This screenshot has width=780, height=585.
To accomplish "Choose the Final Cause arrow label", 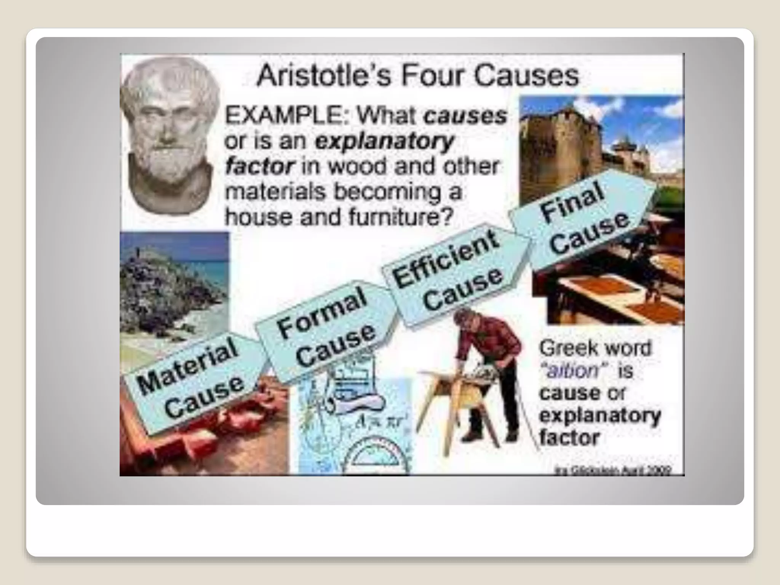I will pyautogui.click(x=583, y=221).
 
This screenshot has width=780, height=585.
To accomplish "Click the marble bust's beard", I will pyautogui.click(x=168, y=160).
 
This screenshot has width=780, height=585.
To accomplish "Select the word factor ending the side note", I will pyautogui.click(x=569, y=437).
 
